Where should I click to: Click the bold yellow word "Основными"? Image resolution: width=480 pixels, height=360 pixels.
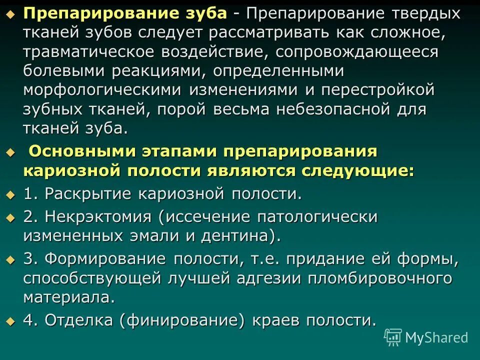tap(80, 151)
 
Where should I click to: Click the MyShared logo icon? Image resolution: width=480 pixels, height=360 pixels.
tap(393, 337)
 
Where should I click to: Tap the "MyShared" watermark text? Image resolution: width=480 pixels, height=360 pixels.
tap(436, 338)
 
